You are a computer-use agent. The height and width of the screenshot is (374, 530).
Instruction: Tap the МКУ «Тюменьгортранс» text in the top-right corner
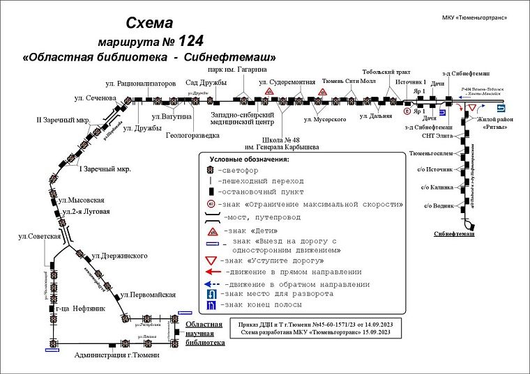coord(474,17)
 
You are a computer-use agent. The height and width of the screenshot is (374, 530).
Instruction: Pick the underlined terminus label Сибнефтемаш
coord(454,235)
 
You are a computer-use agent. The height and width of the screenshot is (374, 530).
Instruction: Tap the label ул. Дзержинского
coord(119,256)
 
